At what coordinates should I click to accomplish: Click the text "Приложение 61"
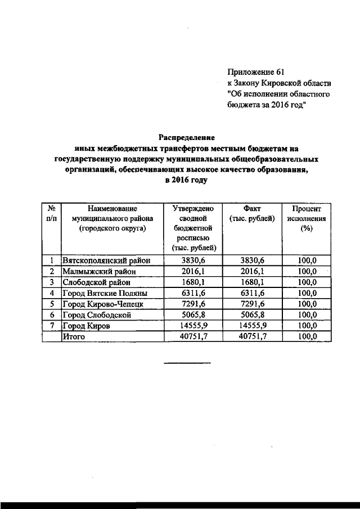[x=256, y=72]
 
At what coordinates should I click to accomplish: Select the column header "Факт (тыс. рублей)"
[x=253, y=213]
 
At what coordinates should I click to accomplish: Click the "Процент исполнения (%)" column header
[x=307, y=218]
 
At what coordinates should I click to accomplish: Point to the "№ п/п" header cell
[x=51, y=213]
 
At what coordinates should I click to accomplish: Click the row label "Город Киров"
[x=87, y=326]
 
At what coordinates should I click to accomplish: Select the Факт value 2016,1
[x=253, y=272]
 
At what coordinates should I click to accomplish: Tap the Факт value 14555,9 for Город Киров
[x=253, y=326]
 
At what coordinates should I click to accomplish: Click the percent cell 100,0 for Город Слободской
[x=307, y=315]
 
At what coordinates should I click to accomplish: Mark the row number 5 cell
[x=51, y=304]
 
